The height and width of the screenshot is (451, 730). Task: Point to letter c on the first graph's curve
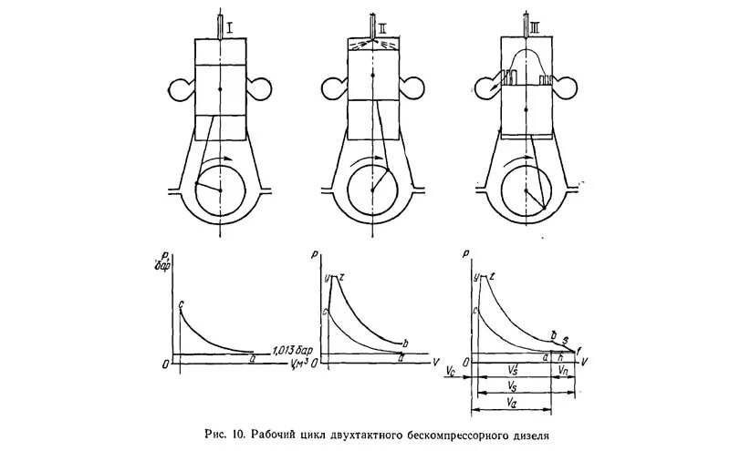[x=182, y=304]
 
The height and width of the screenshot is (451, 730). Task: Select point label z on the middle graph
[x=341, y=276]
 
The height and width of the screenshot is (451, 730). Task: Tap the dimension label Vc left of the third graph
[x=451, y=373]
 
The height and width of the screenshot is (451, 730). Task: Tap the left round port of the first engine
[x=181, y=90]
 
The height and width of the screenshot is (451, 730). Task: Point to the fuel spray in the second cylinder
[x=375, y=44]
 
